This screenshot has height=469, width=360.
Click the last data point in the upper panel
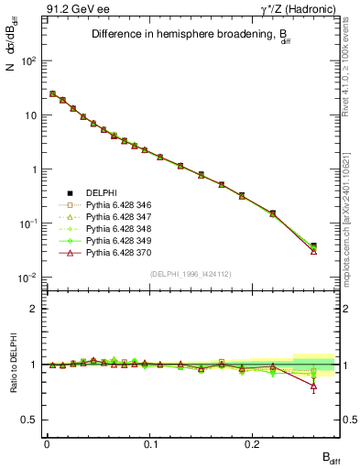313,246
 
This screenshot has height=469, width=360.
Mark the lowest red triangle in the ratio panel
313,386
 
